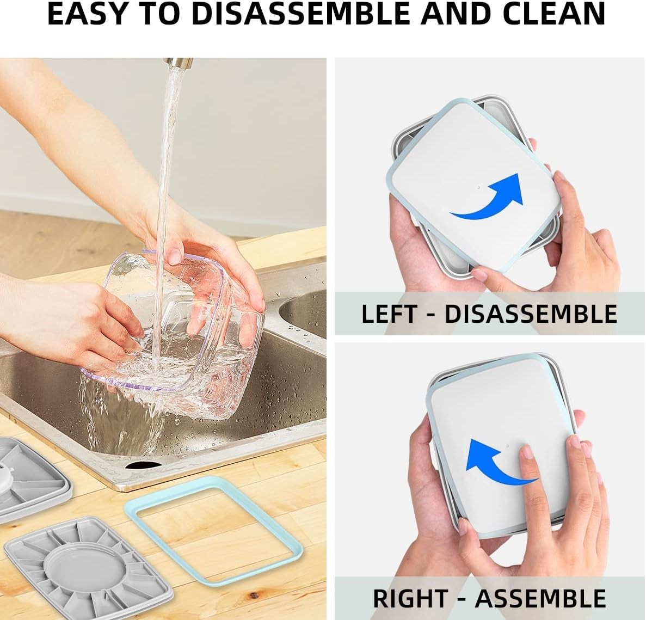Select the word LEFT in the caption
point(389,314)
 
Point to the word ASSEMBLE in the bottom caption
point(540,598)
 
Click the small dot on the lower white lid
point(508,446)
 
